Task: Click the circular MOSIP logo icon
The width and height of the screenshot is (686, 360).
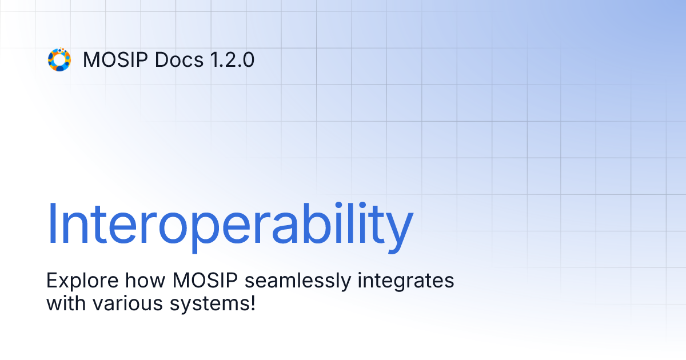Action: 59,59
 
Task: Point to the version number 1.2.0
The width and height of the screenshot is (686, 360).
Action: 231,59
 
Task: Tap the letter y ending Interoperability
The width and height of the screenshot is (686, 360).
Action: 401,229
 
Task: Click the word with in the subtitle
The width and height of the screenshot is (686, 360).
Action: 64,302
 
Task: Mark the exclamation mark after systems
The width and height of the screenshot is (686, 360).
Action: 251,302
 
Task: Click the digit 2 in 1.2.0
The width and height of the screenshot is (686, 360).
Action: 231,59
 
